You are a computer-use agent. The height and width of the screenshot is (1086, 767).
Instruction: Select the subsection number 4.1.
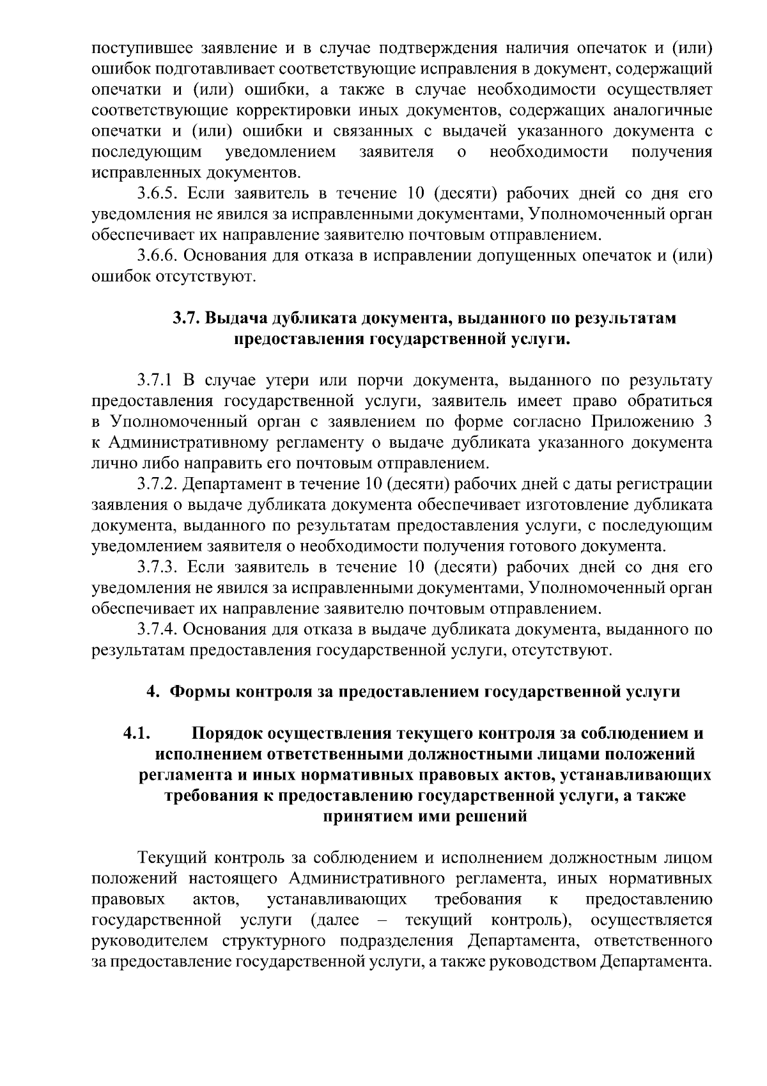click(137, 733)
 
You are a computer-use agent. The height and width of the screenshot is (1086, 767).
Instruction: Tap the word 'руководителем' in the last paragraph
click(150, 941)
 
